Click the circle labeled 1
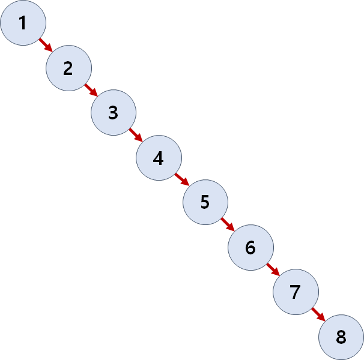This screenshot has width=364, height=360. click(x=23, y=23)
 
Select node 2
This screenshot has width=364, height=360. click(x=68, y=68)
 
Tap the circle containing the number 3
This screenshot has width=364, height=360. click(x=114, y=113)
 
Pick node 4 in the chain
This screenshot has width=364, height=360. click(x=159, y=158)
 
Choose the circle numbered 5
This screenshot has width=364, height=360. click(x=205, y=202)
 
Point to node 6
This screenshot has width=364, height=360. click(x=250, y=247)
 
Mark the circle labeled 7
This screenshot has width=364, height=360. click(x=296, y=292)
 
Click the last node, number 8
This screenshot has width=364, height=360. click(x=341, y=337)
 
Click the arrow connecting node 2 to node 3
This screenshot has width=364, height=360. click(x=91, y=90)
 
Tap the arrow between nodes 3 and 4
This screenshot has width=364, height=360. click(x=136, y=135)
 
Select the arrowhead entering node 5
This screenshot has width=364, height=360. click(x=186, y=184)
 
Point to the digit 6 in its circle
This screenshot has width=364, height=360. click(x=250, y=247)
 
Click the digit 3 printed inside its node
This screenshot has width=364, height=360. click(x=114, y=113)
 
